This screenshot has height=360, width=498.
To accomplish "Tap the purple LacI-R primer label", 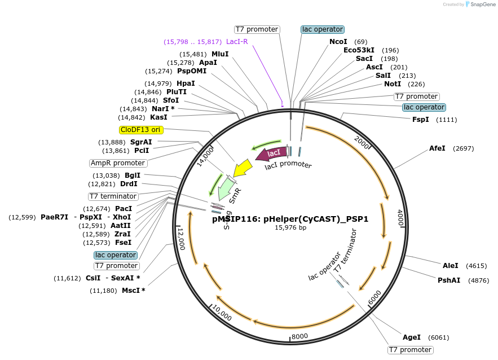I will click(237, 42).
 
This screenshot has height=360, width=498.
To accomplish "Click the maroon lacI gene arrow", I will click(271, 153).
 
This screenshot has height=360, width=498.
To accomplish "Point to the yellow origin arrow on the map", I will click(243, 168).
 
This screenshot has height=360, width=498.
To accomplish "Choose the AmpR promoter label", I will click(118, 163).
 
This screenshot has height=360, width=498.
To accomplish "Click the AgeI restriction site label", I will click(412, 337).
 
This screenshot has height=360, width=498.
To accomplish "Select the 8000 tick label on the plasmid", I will click(299, 336).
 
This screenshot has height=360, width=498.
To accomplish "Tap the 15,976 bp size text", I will click(290, 227).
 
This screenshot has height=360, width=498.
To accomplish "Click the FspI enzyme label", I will click(421, 120).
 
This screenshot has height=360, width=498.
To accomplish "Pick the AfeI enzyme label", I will click(437, 148).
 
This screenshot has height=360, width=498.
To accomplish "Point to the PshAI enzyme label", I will click(449, 280).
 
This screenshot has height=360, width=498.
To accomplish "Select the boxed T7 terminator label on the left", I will click(113, 196).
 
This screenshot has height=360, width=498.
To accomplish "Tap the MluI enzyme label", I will click(220, 54).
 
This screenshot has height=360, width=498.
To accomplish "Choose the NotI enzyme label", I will click(393, 84).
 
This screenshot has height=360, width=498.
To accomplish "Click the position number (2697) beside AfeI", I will click(462, 148).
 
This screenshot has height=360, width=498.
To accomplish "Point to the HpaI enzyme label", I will click(186, 84).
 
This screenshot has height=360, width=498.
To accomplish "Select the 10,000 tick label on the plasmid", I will click(222, 314).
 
